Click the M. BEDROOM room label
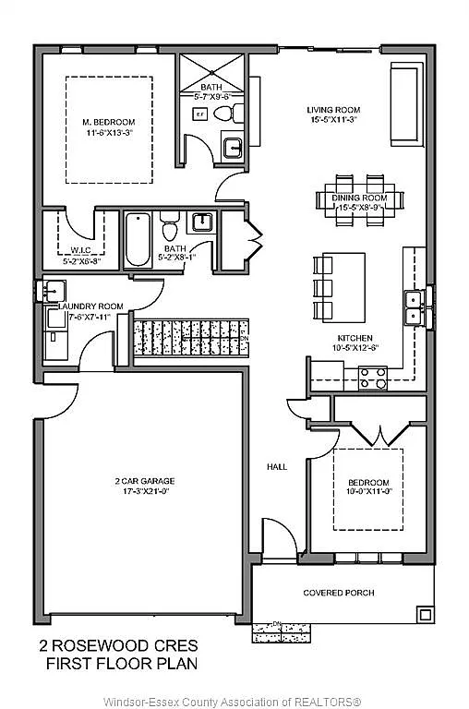click(109, 122)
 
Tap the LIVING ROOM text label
click(333, 110)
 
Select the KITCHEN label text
click(355, 338)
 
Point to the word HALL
click(277, 467)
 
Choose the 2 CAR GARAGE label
click(144, 481)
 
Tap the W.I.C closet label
click(78, 249)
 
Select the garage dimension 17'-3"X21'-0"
click(144, 492)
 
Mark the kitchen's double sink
click(413, 306)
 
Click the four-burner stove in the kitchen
click(372, 377)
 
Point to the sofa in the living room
click(404, 104)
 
